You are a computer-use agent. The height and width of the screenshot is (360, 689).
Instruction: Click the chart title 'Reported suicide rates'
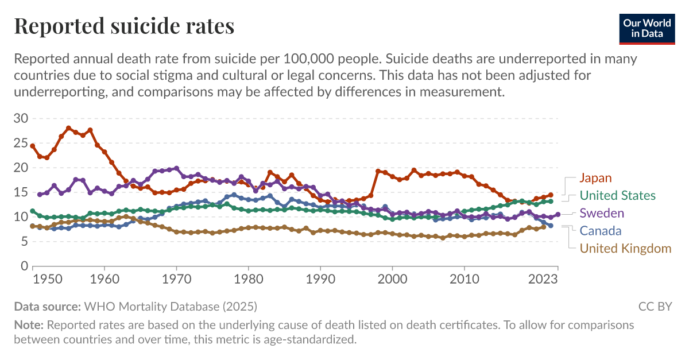click(124, 26)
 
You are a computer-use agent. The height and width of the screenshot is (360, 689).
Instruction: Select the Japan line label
click(595, 178)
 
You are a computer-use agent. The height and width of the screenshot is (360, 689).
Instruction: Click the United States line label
click(617, 196)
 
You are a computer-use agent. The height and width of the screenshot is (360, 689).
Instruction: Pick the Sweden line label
click(601, 213)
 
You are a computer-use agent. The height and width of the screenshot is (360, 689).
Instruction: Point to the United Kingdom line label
click(625, 249)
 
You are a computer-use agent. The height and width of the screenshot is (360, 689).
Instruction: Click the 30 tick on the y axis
click(21, 119)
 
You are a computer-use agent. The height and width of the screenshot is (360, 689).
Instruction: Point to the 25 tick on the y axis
click(21, 144)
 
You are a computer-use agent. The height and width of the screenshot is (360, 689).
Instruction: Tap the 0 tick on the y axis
click(24, 266)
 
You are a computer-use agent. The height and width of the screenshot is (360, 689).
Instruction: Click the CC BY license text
click(655, 306)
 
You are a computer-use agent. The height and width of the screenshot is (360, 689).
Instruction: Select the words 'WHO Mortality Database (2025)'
click(171, 306)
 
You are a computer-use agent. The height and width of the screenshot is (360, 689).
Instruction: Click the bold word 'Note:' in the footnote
click(29, 325)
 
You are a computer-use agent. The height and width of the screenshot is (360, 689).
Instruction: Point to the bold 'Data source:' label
click(48, 306)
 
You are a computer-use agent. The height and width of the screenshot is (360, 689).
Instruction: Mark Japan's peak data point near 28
click(68, 128)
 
